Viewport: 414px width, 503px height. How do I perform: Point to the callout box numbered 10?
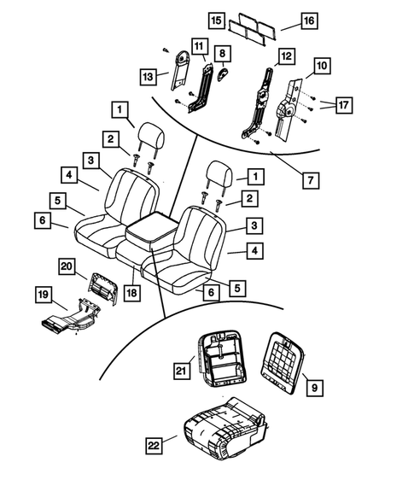321,66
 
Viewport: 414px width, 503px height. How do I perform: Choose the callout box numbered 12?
287,56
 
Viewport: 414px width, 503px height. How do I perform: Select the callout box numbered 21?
181,370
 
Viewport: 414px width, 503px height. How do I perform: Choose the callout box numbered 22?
155,443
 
